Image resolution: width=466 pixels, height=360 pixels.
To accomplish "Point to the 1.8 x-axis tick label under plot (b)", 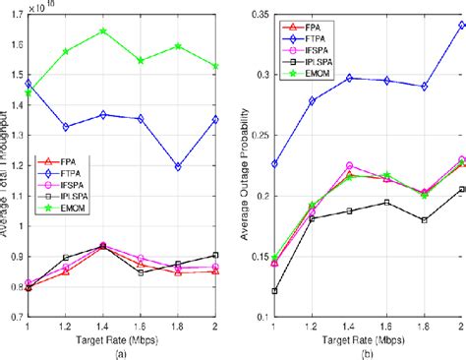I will click(x=412, y=329).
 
